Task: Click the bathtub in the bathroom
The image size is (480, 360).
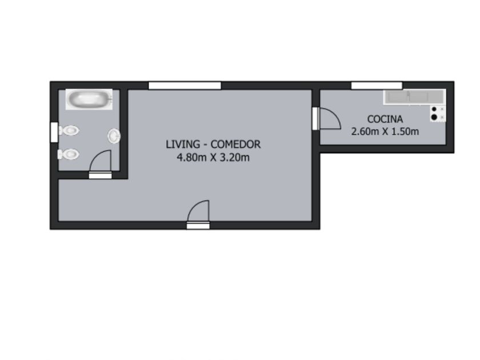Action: [89, 99]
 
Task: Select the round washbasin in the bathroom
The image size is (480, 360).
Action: [114, 136]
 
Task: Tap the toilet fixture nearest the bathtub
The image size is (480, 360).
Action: [69, 130]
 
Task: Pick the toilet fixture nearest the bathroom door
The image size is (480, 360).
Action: [69, 154]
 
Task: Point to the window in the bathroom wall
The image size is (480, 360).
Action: [54, 132]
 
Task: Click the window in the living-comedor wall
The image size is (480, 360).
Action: [185, 85]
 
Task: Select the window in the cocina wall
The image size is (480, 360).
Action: [377, 85]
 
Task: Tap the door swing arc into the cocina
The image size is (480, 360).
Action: [334, 113]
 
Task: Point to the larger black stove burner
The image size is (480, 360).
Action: [434, 117]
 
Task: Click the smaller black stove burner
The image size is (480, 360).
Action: [434, 109]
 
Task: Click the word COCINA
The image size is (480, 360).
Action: [385, 119]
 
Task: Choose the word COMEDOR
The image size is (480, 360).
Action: [235, 144]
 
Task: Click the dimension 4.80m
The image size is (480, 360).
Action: [191, 158]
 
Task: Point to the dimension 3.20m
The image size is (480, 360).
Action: [235, 158]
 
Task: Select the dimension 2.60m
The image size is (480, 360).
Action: [365, 131]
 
